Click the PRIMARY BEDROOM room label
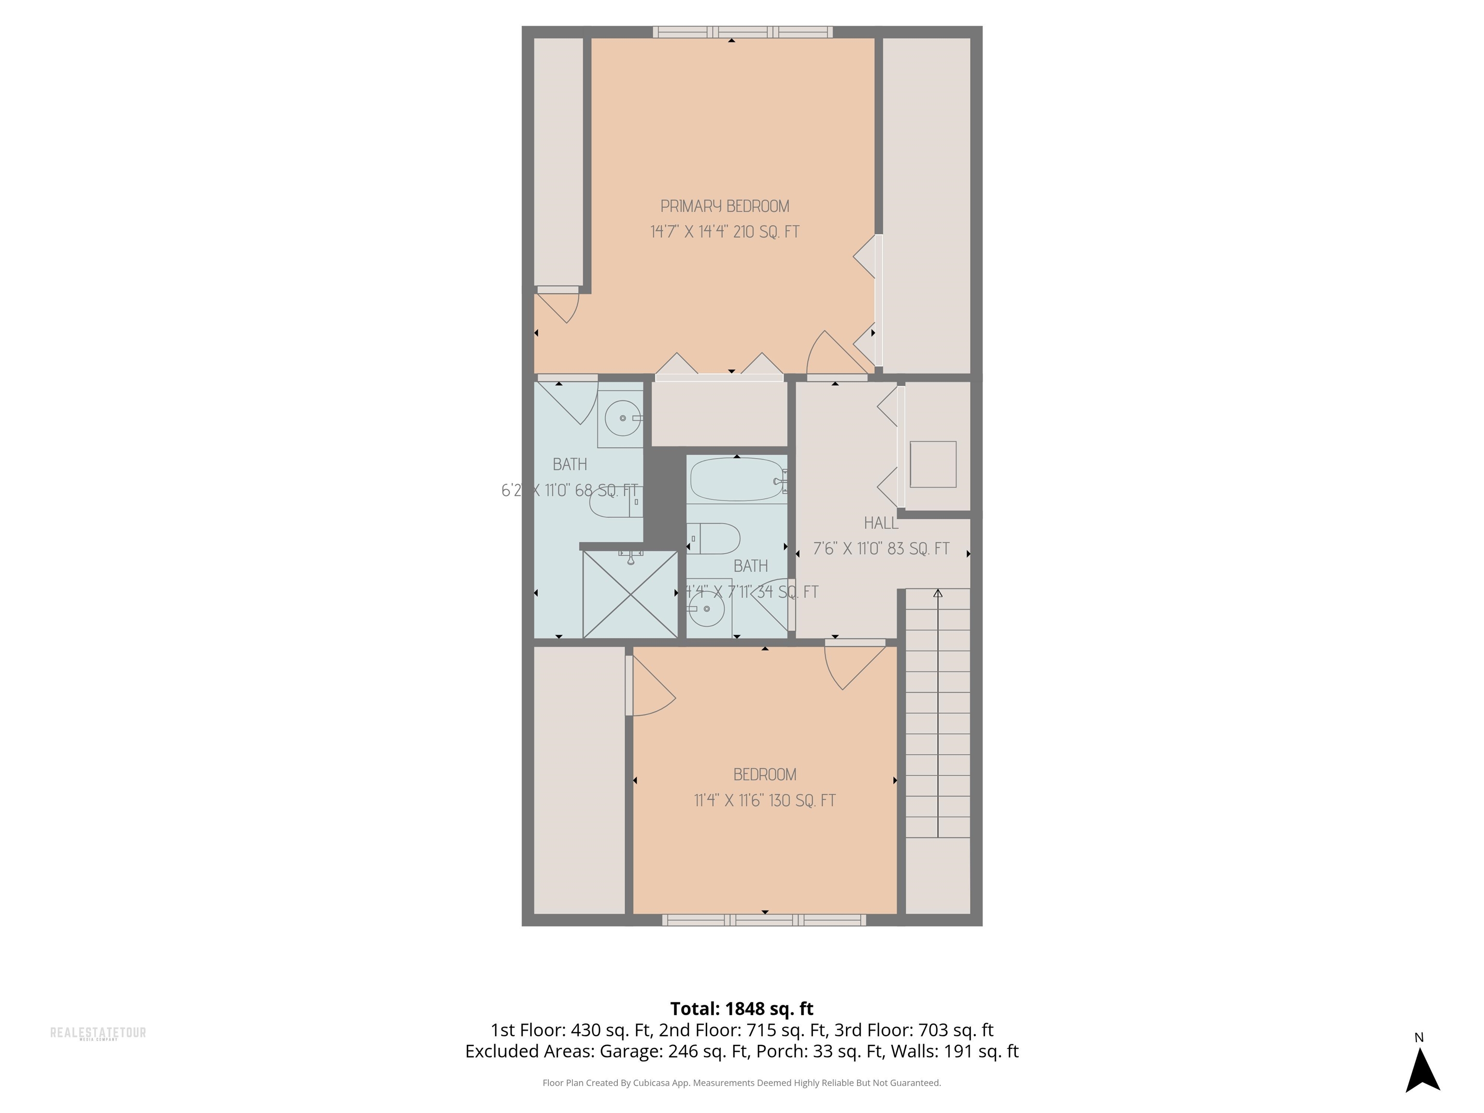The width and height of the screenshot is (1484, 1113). (x=725, y=206)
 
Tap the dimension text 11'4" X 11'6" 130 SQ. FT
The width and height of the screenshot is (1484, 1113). (x=764, y=800)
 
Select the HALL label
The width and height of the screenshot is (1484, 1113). (x=880, y=523)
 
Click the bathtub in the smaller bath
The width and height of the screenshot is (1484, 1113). (x=736, y=479)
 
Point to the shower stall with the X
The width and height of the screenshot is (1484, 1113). (x=630, y=594)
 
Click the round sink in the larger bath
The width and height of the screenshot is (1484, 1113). (x=623, y=418)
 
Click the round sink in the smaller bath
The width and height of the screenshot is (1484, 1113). (x=706, y=609)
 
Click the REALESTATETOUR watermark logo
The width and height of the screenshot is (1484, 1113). (x=98, y=1032)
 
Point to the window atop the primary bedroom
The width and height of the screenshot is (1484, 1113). (x=742, y=31)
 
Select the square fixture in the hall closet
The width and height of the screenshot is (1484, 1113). (x=932, y=464)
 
